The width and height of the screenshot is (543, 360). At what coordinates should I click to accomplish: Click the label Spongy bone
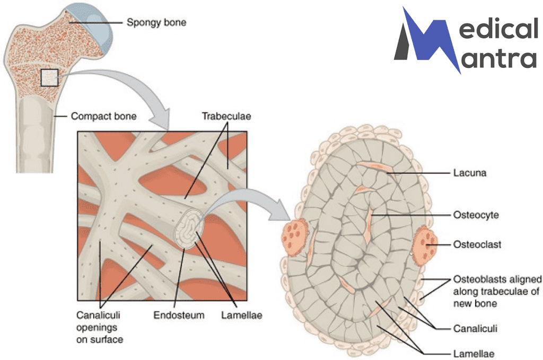click(156, 23)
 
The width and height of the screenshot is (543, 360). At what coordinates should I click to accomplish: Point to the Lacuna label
click(470, 172)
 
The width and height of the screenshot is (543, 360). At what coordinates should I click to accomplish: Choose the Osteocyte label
click(476, 215)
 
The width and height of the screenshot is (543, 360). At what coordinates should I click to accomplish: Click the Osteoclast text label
click(477, 245)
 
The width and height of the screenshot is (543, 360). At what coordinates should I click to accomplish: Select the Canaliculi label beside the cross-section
click(475, 329)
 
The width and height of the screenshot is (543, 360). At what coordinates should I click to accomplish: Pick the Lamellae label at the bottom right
click(474, 352)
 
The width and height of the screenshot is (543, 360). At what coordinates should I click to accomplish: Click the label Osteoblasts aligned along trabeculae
click(497, 291)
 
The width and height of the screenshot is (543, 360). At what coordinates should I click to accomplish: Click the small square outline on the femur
click(49, 78)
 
